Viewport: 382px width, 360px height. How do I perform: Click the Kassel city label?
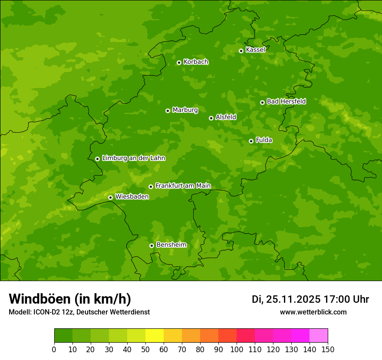(255, 50)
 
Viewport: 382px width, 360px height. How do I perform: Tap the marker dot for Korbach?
(179, 62)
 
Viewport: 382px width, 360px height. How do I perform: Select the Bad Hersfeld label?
(286, 101)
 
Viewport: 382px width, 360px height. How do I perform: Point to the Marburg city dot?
(168, 111)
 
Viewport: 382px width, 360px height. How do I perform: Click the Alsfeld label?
(226, 117)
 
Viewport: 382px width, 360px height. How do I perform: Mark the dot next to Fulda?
(251, 141)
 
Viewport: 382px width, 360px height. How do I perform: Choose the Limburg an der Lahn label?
(134, 158)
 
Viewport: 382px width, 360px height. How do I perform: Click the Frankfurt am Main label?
(183, 186)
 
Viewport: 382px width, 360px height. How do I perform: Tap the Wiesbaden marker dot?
(110, 197)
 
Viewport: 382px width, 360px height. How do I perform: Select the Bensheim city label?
(171, 245)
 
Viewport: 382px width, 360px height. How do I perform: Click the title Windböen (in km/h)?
(70, 299)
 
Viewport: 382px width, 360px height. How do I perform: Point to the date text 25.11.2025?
(293, 299)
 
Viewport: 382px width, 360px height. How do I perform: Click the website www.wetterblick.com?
(313, 312)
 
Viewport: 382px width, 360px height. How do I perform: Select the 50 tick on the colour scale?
(145, 349)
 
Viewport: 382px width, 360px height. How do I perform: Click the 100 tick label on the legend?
(237, 349)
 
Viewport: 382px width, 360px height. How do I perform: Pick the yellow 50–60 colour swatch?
(155, 336)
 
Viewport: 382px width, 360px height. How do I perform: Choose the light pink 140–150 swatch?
(319, 336)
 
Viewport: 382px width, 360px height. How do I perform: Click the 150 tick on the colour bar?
(328, 349)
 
